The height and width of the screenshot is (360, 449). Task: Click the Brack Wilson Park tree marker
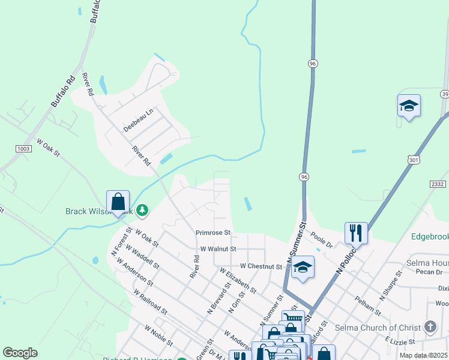click(142, 211)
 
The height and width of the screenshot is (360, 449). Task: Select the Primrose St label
click(213, 233)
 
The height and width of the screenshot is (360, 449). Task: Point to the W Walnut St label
click(218, 248)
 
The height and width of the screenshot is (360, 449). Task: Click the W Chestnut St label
click(261, 266)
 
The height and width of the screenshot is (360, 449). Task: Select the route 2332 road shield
click(437, 184)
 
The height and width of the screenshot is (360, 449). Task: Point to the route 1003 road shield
click(24, 148)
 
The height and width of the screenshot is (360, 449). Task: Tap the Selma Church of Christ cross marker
click(430, 327)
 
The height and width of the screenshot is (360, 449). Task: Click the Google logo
click(20, 353)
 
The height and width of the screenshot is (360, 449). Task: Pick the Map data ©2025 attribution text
click(423, 355)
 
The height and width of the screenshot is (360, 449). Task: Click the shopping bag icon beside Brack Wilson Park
click(118, 202)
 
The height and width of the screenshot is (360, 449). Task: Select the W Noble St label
click(158, 336)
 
